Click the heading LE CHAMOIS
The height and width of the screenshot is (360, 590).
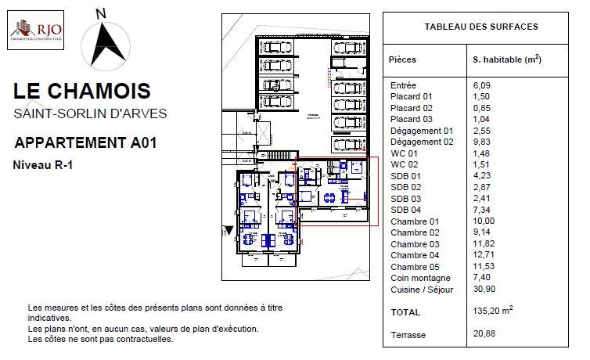tap(82, 92)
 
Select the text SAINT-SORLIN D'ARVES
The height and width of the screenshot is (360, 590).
tap(90, 113)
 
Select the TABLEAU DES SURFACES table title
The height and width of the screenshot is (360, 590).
tap(480, 27)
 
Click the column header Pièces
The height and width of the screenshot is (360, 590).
tap(402, 59)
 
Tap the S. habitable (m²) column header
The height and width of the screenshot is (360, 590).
tap(507, 59)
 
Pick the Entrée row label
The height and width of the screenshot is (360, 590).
tap(403, 85)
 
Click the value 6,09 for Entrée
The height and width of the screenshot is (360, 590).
tap(484, 85)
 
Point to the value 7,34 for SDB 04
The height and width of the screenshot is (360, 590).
tap(484, 210)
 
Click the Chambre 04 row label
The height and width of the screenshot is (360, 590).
tap(414, 255)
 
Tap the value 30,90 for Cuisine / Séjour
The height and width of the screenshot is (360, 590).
tap(486, 289)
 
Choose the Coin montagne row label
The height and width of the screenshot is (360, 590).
tap(419, 278)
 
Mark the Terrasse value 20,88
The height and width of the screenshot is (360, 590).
tap(486, 335)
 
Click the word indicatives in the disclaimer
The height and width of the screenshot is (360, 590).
tap(49, 319)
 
